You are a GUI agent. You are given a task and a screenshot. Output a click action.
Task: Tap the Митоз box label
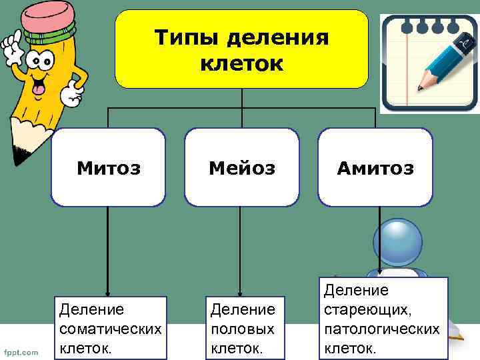(108, 168)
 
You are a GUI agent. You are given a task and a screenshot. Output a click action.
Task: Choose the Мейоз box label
(241, 168)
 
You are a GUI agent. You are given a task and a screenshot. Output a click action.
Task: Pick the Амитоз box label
(375, 168)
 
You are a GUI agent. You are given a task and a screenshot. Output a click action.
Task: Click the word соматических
(110, 329)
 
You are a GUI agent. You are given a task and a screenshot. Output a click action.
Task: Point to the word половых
(242, 329)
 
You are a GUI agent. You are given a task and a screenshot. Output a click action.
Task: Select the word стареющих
(367, 309)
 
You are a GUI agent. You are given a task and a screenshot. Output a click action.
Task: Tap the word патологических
(381, 329)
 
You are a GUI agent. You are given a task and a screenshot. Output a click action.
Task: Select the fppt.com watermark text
(22, 351)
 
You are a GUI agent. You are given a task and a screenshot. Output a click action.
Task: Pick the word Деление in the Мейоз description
(242, 309)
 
